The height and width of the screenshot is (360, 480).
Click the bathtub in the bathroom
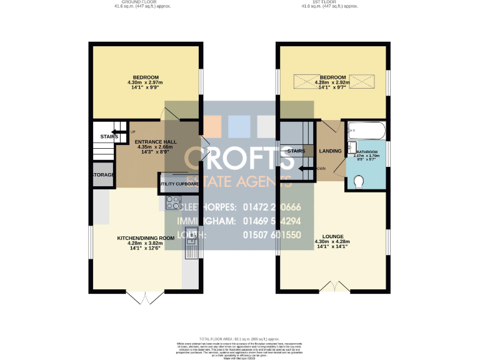[x=365, y=131]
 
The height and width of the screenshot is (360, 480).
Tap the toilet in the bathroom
[x=359, y=182]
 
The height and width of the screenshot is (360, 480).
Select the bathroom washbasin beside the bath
[x=351, y=147]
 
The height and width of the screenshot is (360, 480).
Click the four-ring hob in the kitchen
[x=172, y=203]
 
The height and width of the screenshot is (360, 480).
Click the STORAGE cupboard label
[x=103, y=175]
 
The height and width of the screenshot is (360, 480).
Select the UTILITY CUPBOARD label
[x=179, y=184]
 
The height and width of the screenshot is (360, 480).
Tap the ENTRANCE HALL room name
[x=156, y=142]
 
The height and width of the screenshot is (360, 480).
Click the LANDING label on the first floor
[x=330, y=151]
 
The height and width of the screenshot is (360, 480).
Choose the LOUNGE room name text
[x=332, y=236]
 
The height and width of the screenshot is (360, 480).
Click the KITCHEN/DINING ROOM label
[x=145, y=238]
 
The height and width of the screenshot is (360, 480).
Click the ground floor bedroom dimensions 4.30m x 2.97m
[x=145, y=82]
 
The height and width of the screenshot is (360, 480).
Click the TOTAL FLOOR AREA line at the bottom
[x=239, y=337]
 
